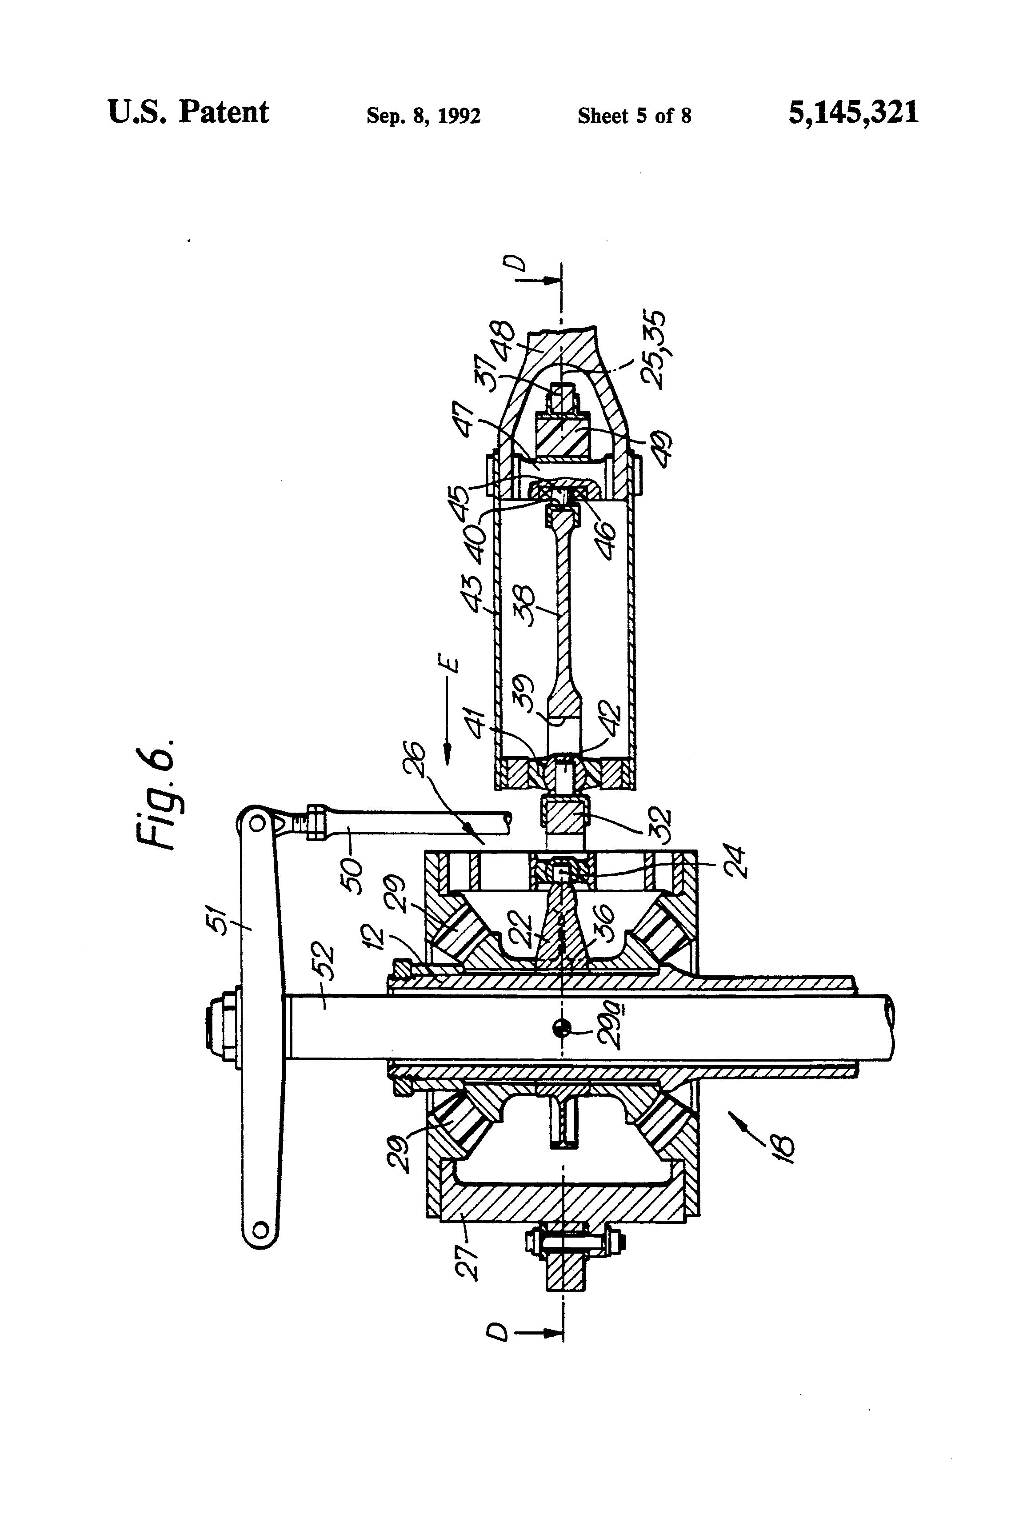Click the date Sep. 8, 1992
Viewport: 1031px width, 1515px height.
[424, 116]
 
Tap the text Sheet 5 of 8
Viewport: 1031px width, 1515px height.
[634, 116]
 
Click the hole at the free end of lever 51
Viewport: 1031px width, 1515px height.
[260, 1230]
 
